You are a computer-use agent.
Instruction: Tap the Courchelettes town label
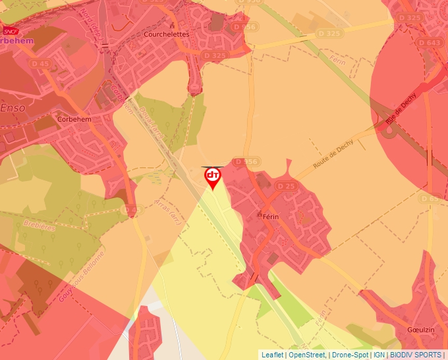(x=167, y=34)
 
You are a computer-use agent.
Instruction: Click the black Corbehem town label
(x=74, y=119)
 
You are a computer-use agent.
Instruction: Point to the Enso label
(x=13, y=107)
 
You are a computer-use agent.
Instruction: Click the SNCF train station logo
(x=10, y=30)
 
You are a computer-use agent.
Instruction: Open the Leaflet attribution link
(x=272, y=355)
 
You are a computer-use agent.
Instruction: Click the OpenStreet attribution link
(x=306, y=355)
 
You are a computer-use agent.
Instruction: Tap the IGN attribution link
(x=379, y=355)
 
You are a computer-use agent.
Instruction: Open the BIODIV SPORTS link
(x=416, y=355)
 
